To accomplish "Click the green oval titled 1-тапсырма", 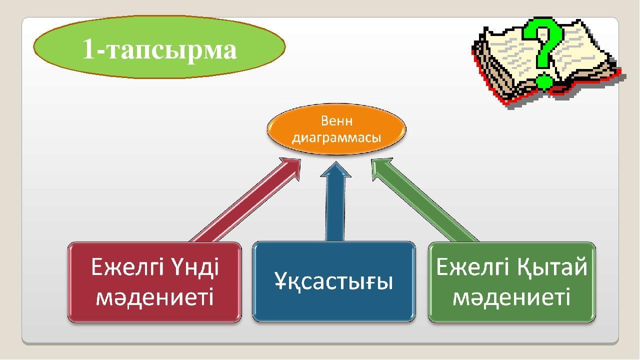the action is pos(159,47).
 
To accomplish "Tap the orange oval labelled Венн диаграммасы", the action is pos(336,129).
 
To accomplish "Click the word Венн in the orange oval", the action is pos(336,121).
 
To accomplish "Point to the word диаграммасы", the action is pos(336,138).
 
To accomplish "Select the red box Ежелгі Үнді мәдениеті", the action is pos(154,282).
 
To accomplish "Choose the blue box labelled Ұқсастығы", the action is pos(333,281).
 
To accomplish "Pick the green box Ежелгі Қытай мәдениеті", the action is pos(511,282).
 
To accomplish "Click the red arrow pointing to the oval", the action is pos(245,200).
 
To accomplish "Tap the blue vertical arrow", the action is pos(335,201).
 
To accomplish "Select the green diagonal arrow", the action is pos(425,200).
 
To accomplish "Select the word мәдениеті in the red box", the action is pos(154,297).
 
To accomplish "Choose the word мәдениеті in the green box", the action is pos(511,297).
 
